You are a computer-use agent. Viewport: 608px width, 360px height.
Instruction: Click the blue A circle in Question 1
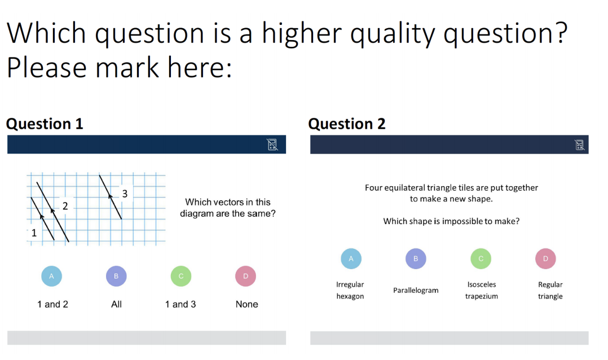[x=51, y=276]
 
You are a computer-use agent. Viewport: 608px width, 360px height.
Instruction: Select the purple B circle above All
[x=116, y=276]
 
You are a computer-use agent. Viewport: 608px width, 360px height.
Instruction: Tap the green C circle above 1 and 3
[x=181, y=276]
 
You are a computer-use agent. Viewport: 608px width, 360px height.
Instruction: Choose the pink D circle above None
[x=245, y=276]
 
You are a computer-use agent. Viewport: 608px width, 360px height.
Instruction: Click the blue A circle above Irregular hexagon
[x=351, y=259]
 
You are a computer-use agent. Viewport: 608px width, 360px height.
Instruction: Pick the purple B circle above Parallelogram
[x=416, y=259]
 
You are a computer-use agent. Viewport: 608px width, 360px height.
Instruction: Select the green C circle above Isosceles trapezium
[x=481, y=259]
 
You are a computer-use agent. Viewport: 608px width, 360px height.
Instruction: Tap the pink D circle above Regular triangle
[x=545, y=259]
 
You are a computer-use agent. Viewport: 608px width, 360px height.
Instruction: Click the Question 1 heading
[x=45, y=124]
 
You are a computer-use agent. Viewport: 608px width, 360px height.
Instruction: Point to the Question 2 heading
[x=347, y=124]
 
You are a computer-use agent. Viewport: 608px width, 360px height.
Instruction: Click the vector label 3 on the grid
[x=125, y=194]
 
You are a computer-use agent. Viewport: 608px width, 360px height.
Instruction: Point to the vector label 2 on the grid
[x=65, y=206]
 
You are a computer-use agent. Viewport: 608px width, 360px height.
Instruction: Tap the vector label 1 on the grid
[x=34, y=232]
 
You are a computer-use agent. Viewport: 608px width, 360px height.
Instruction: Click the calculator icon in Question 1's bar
[x=272, y=144]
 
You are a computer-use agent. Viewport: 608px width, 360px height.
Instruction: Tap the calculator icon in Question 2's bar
[x=580, y=144]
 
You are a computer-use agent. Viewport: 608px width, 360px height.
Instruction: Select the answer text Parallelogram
[x=416, y=290]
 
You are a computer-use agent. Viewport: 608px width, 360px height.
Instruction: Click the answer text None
[x=246, y=304]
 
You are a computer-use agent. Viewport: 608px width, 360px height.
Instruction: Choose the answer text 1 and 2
[x=52, y=304]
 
